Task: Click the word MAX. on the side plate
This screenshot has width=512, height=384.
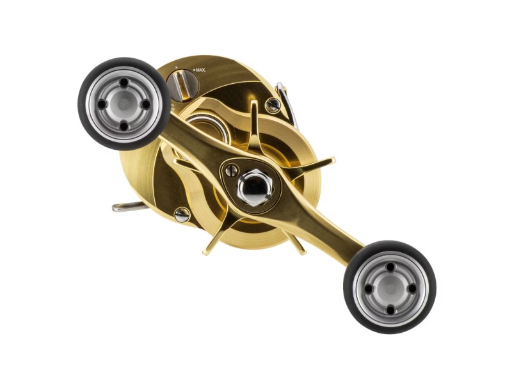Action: (x=200, y=70)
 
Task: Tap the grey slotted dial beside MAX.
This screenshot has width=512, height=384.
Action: (x=183, y=86)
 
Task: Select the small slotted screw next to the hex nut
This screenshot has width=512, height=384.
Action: (x=232, y=170)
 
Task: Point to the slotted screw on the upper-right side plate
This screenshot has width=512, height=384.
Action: (x=273, y=104)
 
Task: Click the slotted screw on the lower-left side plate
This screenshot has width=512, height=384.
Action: (x=182, y=214)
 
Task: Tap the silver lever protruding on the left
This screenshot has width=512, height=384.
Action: (x=130, y=207)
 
